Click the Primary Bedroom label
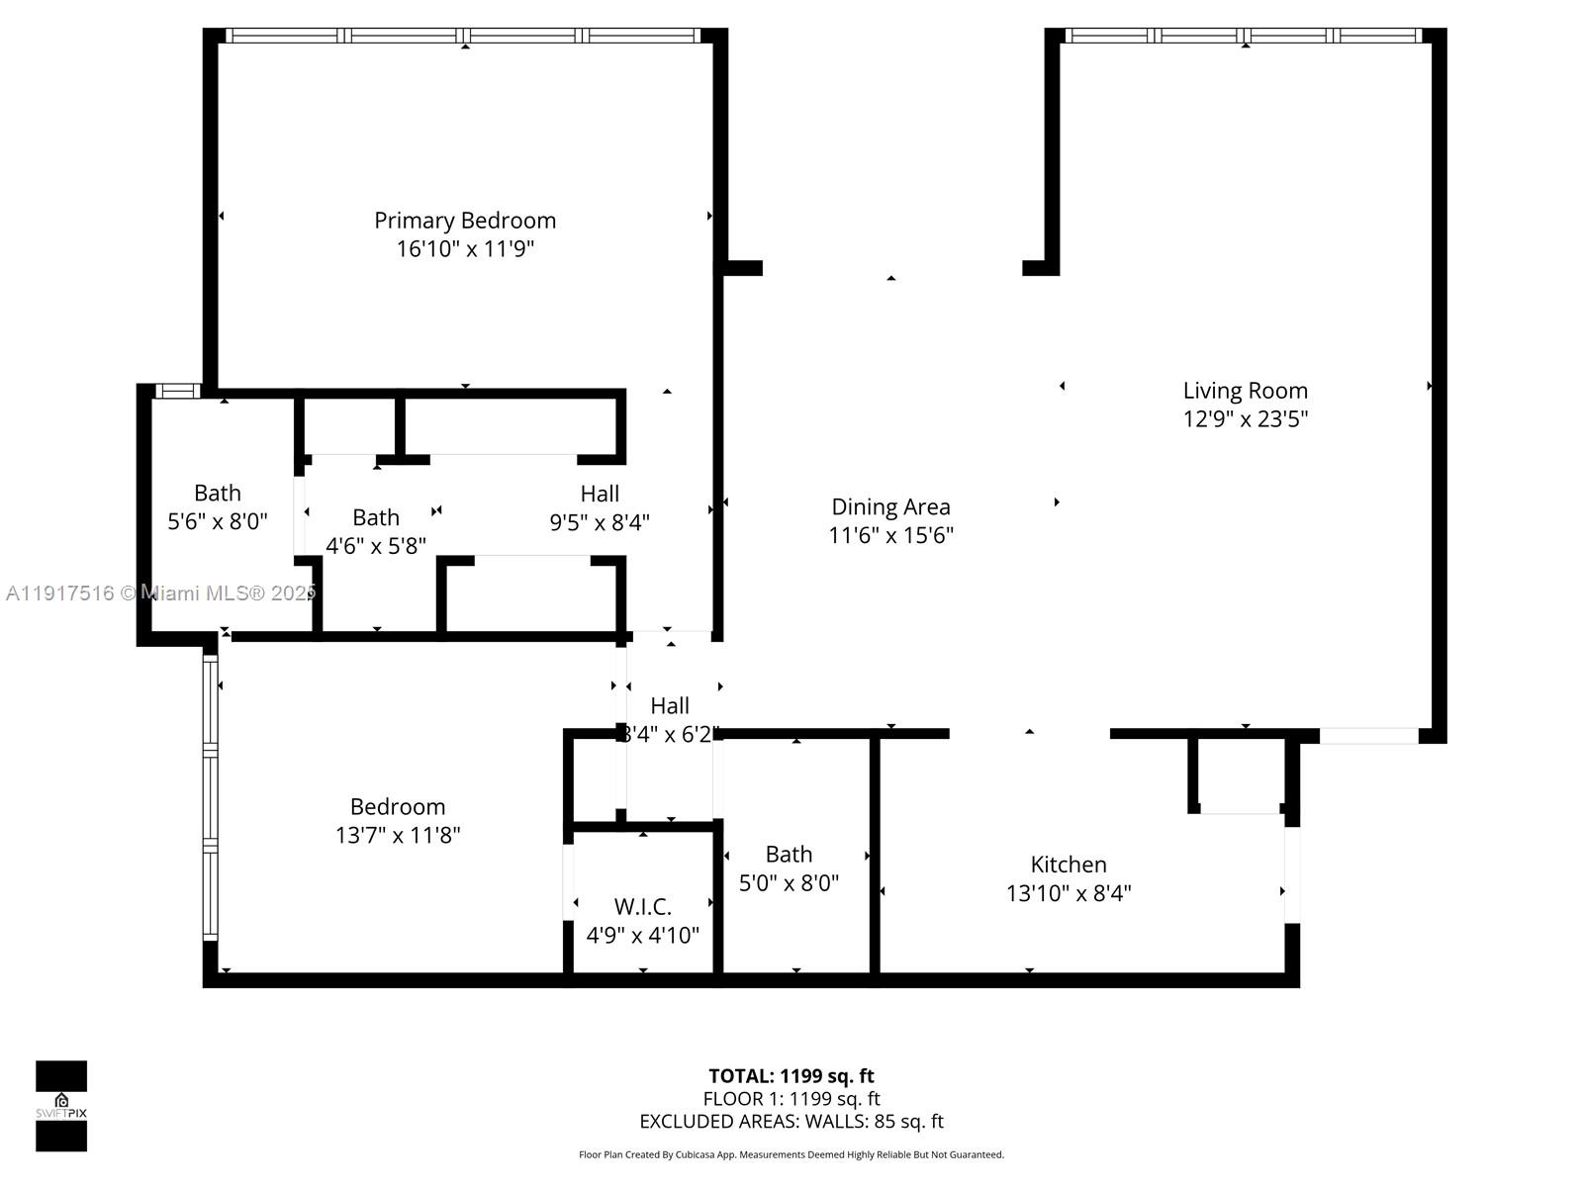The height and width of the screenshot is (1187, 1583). pos(464,220)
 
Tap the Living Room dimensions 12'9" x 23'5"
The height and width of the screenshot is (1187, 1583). pos(1245,418)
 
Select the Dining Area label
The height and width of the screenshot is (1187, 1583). pos(890,506)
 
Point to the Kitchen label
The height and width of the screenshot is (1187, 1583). pos(1069,864)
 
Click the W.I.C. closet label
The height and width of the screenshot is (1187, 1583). pos(642,906)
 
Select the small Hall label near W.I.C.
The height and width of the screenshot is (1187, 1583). pos(670,705)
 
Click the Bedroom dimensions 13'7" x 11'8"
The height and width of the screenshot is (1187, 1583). pos(398,835)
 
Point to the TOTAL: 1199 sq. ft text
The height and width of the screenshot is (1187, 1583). pos(791,1075)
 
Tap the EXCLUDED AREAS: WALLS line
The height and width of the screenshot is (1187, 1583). pos(791,1121)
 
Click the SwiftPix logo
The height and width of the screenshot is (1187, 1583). pos(61,1105)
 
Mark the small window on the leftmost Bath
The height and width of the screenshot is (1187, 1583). pos(178,392)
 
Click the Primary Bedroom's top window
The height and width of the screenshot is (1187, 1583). pos(464,36)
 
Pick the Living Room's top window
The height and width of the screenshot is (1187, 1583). pos(1244,36)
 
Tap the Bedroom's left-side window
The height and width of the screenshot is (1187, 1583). pos(210,796)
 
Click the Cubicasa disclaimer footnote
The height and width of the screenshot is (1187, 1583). pos(791,1154)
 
